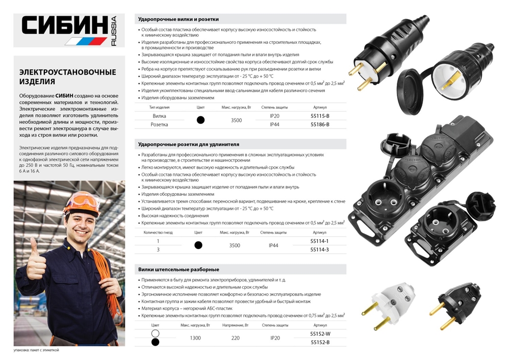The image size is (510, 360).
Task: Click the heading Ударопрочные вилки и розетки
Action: (x=178, y=19)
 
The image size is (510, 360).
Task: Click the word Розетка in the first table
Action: (x=159, y=124)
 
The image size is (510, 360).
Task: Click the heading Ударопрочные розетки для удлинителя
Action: (x=189, y=144)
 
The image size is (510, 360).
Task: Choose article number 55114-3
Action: (x=320, y=249)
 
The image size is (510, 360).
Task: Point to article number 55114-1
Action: (x=320, y=241)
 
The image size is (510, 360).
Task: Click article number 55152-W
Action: (x=320, y=333)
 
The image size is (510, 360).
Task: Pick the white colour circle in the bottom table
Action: (x=156, y=333)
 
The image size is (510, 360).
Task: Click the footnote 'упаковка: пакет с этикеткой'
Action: (x=37, y=350)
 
